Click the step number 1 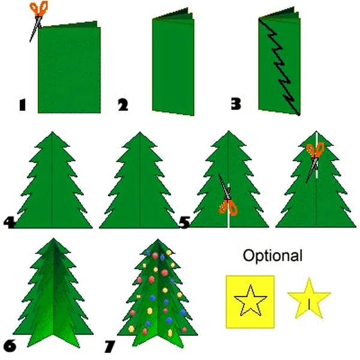pos(22,105)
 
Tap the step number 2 pos(123,105)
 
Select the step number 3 pos(236,104)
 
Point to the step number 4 pos(10,222)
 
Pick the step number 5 pos(184,222)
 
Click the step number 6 pos(10,346)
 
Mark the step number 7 pos(110,346)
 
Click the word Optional pos(272,256)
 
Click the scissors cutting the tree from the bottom pos(228,196)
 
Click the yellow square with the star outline pos(250,302)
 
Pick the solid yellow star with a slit pos(309,298)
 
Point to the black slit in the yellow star pos(309,304)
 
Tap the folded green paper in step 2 pos(173,62)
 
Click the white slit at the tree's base pos(229,205)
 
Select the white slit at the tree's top pos(317,155)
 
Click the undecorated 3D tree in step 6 pos(53,293)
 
